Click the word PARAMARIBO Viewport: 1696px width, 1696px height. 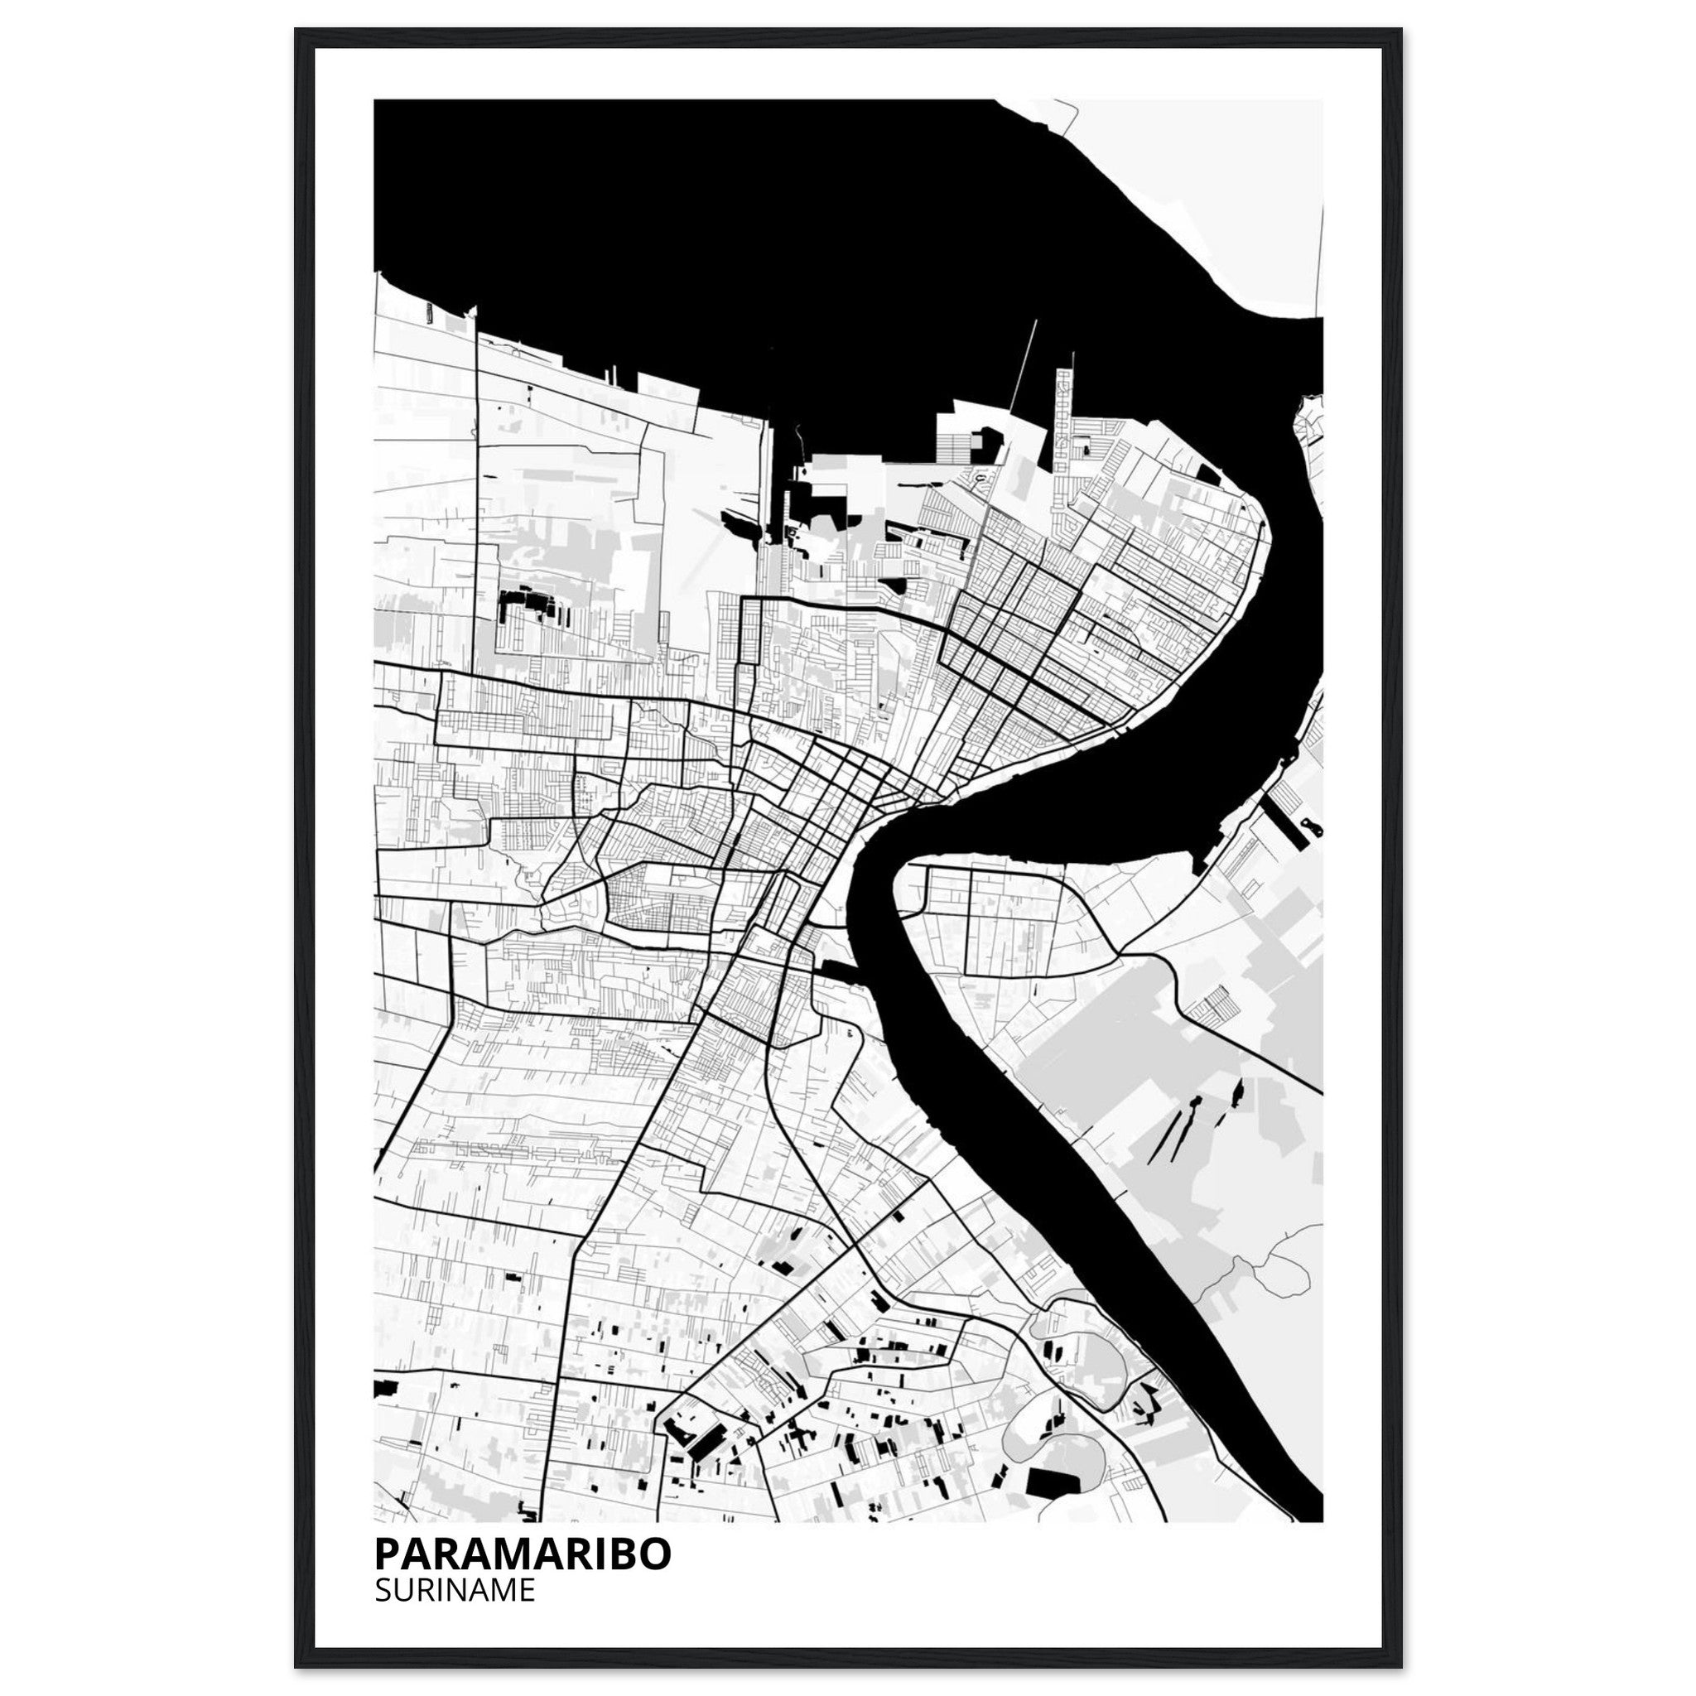tap(523, 1554)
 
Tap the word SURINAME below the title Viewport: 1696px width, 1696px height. tap(454, 1591)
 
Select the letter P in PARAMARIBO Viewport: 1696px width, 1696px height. tap(386, 1554)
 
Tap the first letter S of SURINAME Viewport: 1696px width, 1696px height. tap(382, 1591)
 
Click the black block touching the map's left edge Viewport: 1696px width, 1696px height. tap(384, 1414)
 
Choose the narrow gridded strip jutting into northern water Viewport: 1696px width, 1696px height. tap(1064, 412)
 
